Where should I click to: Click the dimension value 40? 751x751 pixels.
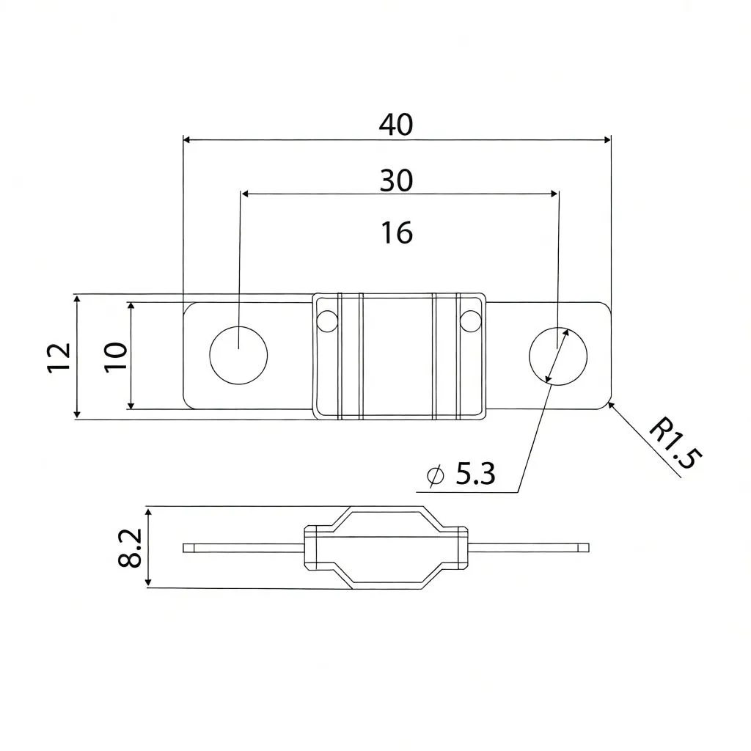pyautogui.click(x=396, y=125)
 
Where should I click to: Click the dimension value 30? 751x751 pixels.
pyautogui.click(x=396, y=180)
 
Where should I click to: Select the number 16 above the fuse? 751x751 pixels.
pyautogui.click(x=397, y=233)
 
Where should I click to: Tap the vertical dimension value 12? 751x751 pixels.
pyautogui.click(x=60, y=357)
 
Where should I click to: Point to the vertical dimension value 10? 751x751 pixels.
pyautogui.click(x=116, y=357)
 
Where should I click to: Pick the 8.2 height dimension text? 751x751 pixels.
pyautogui.click(x=131, y=548)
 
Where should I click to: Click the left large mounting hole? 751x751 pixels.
pyautogui.click(x=238, y=354)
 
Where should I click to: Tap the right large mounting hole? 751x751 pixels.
pyautogui.click(x=558, y=355)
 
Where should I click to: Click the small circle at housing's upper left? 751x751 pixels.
pyautogui.click(x=328, y=320)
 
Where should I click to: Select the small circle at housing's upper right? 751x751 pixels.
pyautogui.click(x=470, y=320)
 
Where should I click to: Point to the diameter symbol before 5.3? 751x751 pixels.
pyautogui.click(x=436, y=476)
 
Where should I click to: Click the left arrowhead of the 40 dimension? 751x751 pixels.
pyautogui.click(x=187, y=139)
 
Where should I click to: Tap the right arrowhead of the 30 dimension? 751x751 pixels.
pyautogui.click(x=554, y=194)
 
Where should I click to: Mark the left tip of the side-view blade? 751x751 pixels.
pyautogui.click(x=185, y=547)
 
